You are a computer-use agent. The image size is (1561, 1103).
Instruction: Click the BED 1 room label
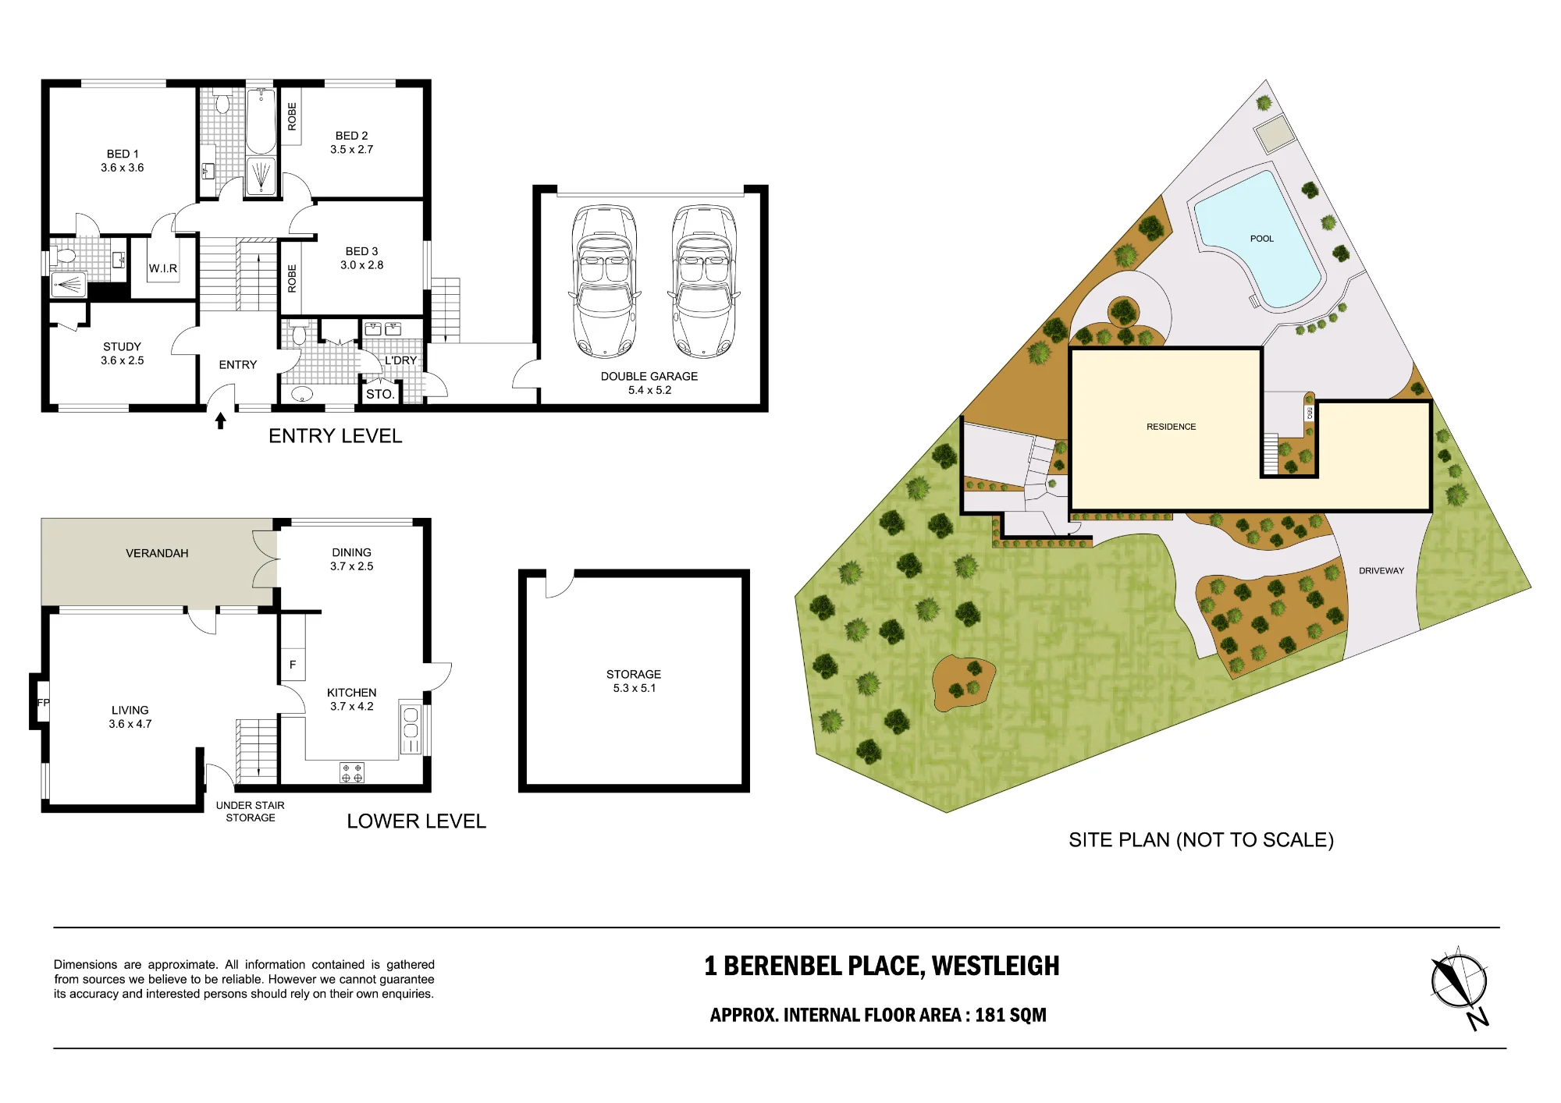tap(123, 161)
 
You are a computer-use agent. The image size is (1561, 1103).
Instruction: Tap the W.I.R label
tap(163, 268)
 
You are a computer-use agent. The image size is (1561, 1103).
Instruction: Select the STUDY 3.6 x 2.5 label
tap(123, 353)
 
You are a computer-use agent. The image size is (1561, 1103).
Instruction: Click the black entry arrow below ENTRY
tap(221, 420)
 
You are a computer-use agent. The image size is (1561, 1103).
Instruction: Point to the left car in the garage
tap(604, 282)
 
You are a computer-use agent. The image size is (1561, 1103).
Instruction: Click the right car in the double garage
tap(704, 282)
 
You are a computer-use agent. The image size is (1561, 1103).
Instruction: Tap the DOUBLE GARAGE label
tap(649, 376)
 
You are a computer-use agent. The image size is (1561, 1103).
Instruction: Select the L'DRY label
tap(400, 360)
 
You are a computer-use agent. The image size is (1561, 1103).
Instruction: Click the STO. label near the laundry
tap(380, 394)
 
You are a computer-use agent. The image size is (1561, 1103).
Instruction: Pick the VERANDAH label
tap(157, 553)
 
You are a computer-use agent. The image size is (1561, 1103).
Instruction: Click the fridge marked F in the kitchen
tap(293, 665)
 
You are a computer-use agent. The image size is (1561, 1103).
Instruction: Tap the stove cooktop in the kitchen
tap(352, 773)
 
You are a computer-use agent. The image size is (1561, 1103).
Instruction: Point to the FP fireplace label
tap(43, 703)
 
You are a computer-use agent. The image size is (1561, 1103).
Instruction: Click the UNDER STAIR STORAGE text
tap(251, 811)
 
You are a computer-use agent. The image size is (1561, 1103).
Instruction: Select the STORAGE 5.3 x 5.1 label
tap(634, 681)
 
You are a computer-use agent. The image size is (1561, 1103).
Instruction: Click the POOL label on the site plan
tap(1262, 239)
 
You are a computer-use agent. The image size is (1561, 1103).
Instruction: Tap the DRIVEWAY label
tap(1381, 571)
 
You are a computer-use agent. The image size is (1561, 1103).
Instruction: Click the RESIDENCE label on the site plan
tap(1171, 427)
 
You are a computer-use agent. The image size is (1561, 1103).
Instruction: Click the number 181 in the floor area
tap(990, 1015)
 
